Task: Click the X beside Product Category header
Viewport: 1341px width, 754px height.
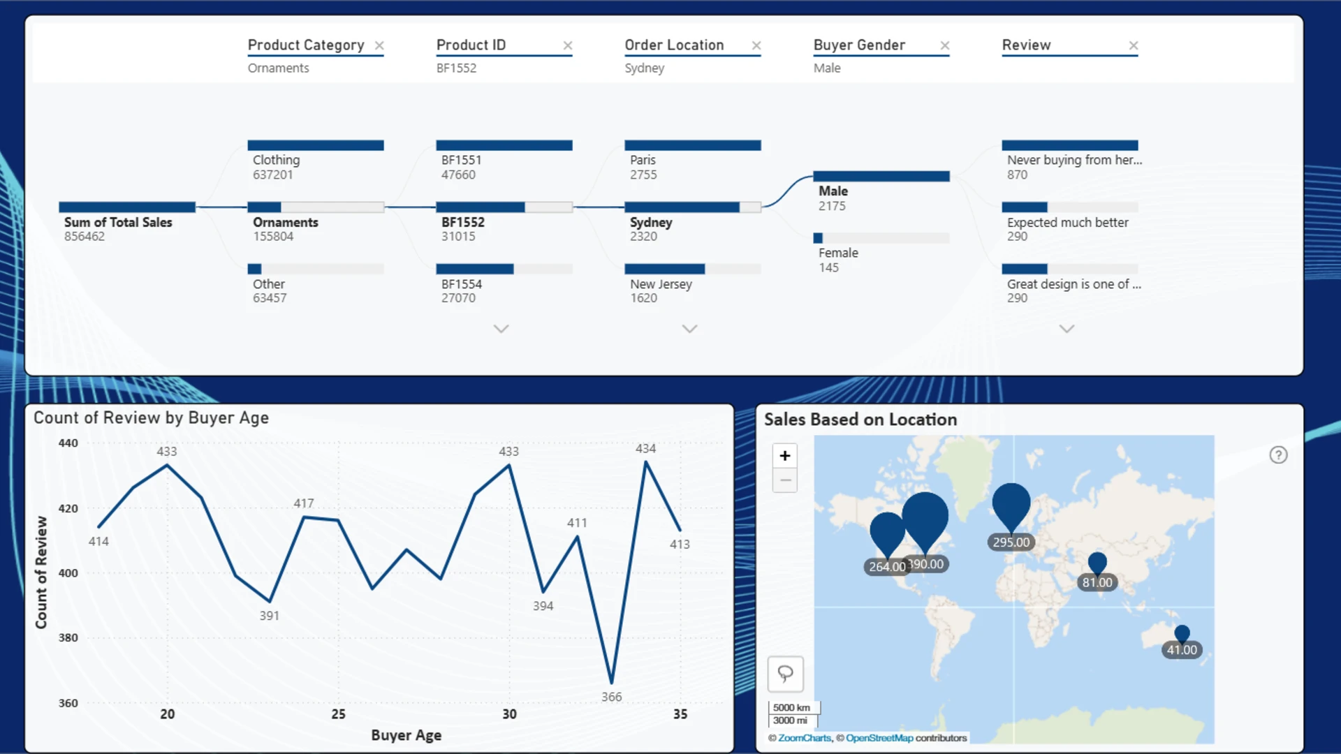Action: [379, 45]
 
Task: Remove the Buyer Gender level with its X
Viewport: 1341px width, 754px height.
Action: [945, 45]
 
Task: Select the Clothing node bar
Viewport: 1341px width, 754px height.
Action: [316, 145]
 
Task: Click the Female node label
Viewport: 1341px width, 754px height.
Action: [838, 253]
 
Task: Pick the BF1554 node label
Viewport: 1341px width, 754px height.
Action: [462, 284]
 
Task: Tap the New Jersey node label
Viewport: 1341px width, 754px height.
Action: [661, 284]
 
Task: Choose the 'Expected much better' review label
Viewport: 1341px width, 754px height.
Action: [1067, 222]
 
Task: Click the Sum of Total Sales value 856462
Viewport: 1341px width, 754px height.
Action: [85, 237]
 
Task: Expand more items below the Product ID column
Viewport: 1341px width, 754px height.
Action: [501, 329]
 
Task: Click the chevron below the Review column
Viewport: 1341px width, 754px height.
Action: [1067, 329]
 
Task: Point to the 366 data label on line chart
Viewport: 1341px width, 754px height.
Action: [611, 697]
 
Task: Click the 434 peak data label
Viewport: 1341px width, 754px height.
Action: [645, 448]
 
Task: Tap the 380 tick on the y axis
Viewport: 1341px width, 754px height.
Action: [68, 637]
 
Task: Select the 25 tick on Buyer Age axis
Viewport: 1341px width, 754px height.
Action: [338, 714]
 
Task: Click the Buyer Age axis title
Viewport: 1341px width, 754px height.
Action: [406, 735]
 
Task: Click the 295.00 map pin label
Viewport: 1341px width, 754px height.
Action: [1011, 542]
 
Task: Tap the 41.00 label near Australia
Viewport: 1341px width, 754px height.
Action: [1182, 650]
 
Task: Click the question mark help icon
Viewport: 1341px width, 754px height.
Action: [1278, 455]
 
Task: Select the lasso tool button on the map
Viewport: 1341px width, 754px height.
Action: [785, 674]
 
